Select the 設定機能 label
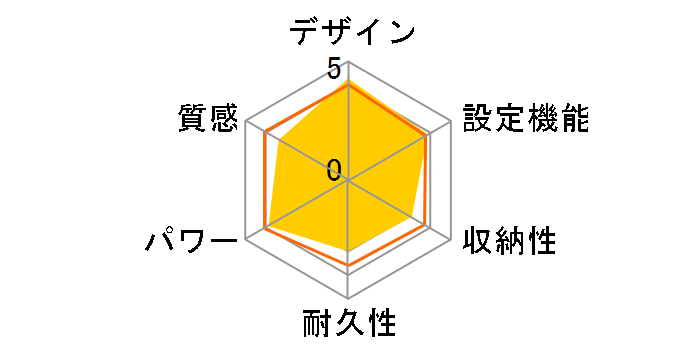pyautogui.click(x=524, y=119)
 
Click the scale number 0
pyautogui.click(x=334, y=169)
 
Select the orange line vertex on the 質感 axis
pyautogui.click(x=265, y=133)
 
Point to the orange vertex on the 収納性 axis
pyautogui.click(x=426, y=226)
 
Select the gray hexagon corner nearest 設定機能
pyautogui.click(x=451, y=121)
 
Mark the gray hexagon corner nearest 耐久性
pyautogui.click(x=347, y=299)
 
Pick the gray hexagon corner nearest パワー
pyautogui.click(x=244, y=240)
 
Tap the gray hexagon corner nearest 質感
pyautogui.click(x=244, y=121)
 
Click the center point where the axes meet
pyautogui.click(x=347, y=180)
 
